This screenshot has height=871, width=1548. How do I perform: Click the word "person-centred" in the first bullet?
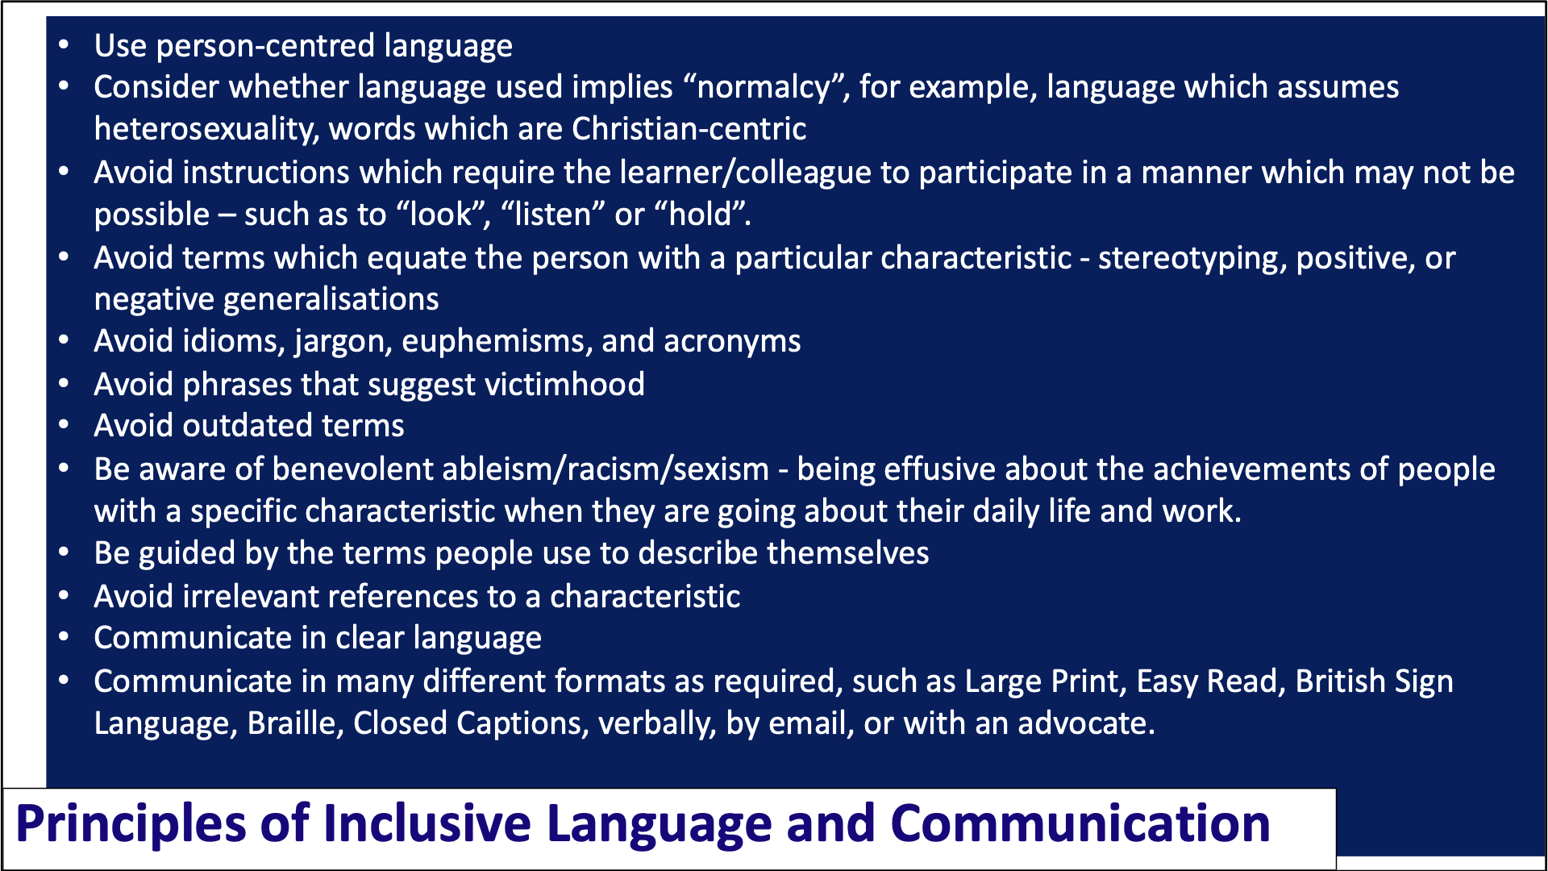(x=265, y=47)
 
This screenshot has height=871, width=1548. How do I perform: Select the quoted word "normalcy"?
(x=764, y=88)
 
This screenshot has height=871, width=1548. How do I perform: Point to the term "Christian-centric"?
(x=689, y=129)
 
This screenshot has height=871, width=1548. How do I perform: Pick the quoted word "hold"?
(x=702, y=215)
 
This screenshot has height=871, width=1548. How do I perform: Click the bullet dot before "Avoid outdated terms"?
(x=64, y=425)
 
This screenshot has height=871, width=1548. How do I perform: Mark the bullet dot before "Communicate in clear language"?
(x=64, y=637)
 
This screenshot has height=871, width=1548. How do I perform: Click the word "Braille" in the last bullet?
(x=295, y=724)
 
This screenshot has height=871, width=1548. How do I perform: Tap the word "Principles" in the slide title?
(x=131, y=824)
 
